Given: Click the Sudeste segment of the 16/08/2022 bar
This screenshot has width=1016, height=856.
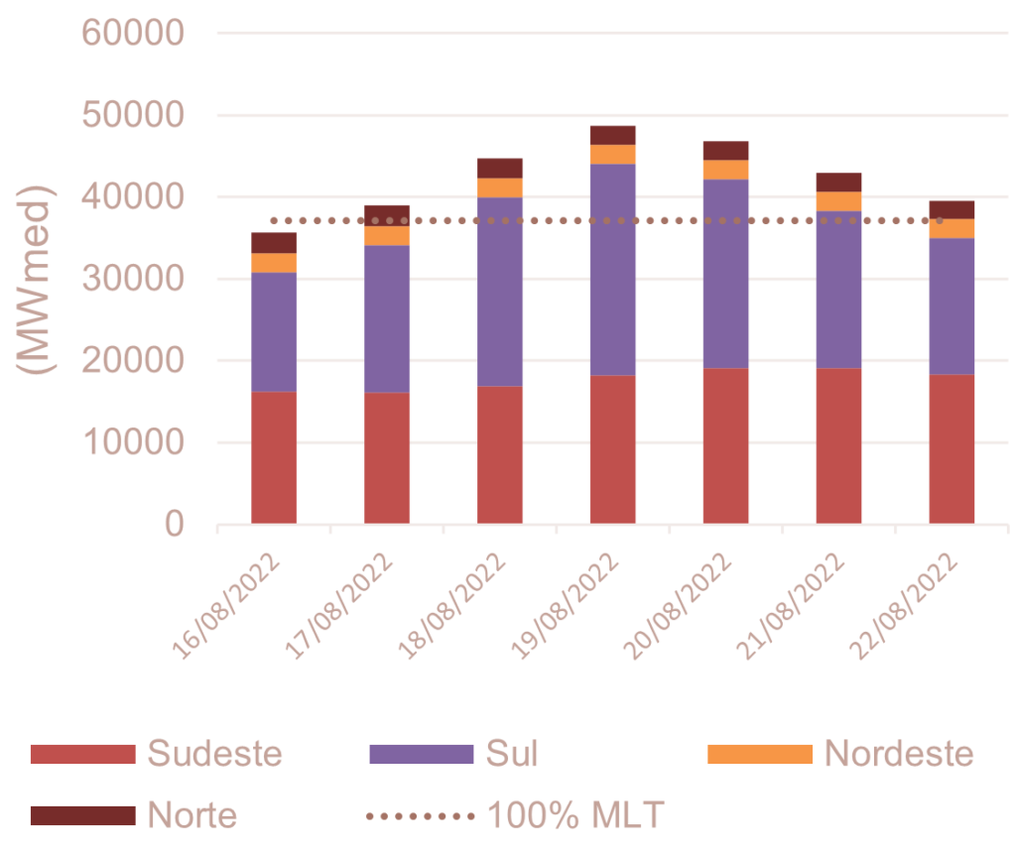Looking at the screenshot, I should [274, 457].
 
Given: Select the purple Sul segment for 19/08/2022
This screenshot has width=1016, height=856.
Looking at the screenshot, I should [612, 269].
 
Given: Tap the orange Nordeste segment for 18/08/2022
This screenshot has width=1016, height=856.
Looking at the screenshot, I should [500, 187].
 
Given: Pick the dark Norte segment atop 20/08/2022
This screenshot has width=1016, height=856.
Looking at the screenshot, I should [725, 150].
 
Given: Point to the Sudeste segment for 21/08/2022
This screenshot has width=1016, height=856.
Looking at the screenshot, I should [838, 445].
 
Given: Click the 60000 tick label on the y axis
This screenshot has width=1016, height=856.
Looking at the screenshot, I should [133, 34].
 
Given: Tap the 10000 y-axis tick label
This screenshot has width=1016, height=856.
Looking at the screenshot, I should [133, 442].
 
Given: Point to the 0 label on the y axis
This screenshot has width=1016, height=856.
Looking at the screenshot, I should [174, 524].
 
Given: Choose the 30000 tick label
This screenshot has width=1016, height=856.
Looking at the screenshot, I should [133, 279].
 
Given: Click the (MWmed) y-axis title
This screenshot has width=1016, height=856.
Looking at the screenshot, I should [37, 279].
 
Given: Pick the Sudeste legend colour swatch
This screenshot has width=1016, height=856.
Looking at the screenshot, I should [81, 754].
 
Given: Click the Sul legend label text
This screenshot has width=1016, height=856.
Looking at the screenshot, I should [512, 754].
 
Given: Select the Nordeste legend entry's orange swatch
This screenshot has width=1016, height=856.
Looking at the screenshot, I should [759, 754].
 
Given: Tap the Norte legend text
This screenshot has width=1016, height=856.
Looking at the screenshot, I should [192, 815].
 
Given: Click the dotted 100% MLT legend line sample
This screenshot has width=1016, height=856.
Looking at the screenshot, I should [421, 816].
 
